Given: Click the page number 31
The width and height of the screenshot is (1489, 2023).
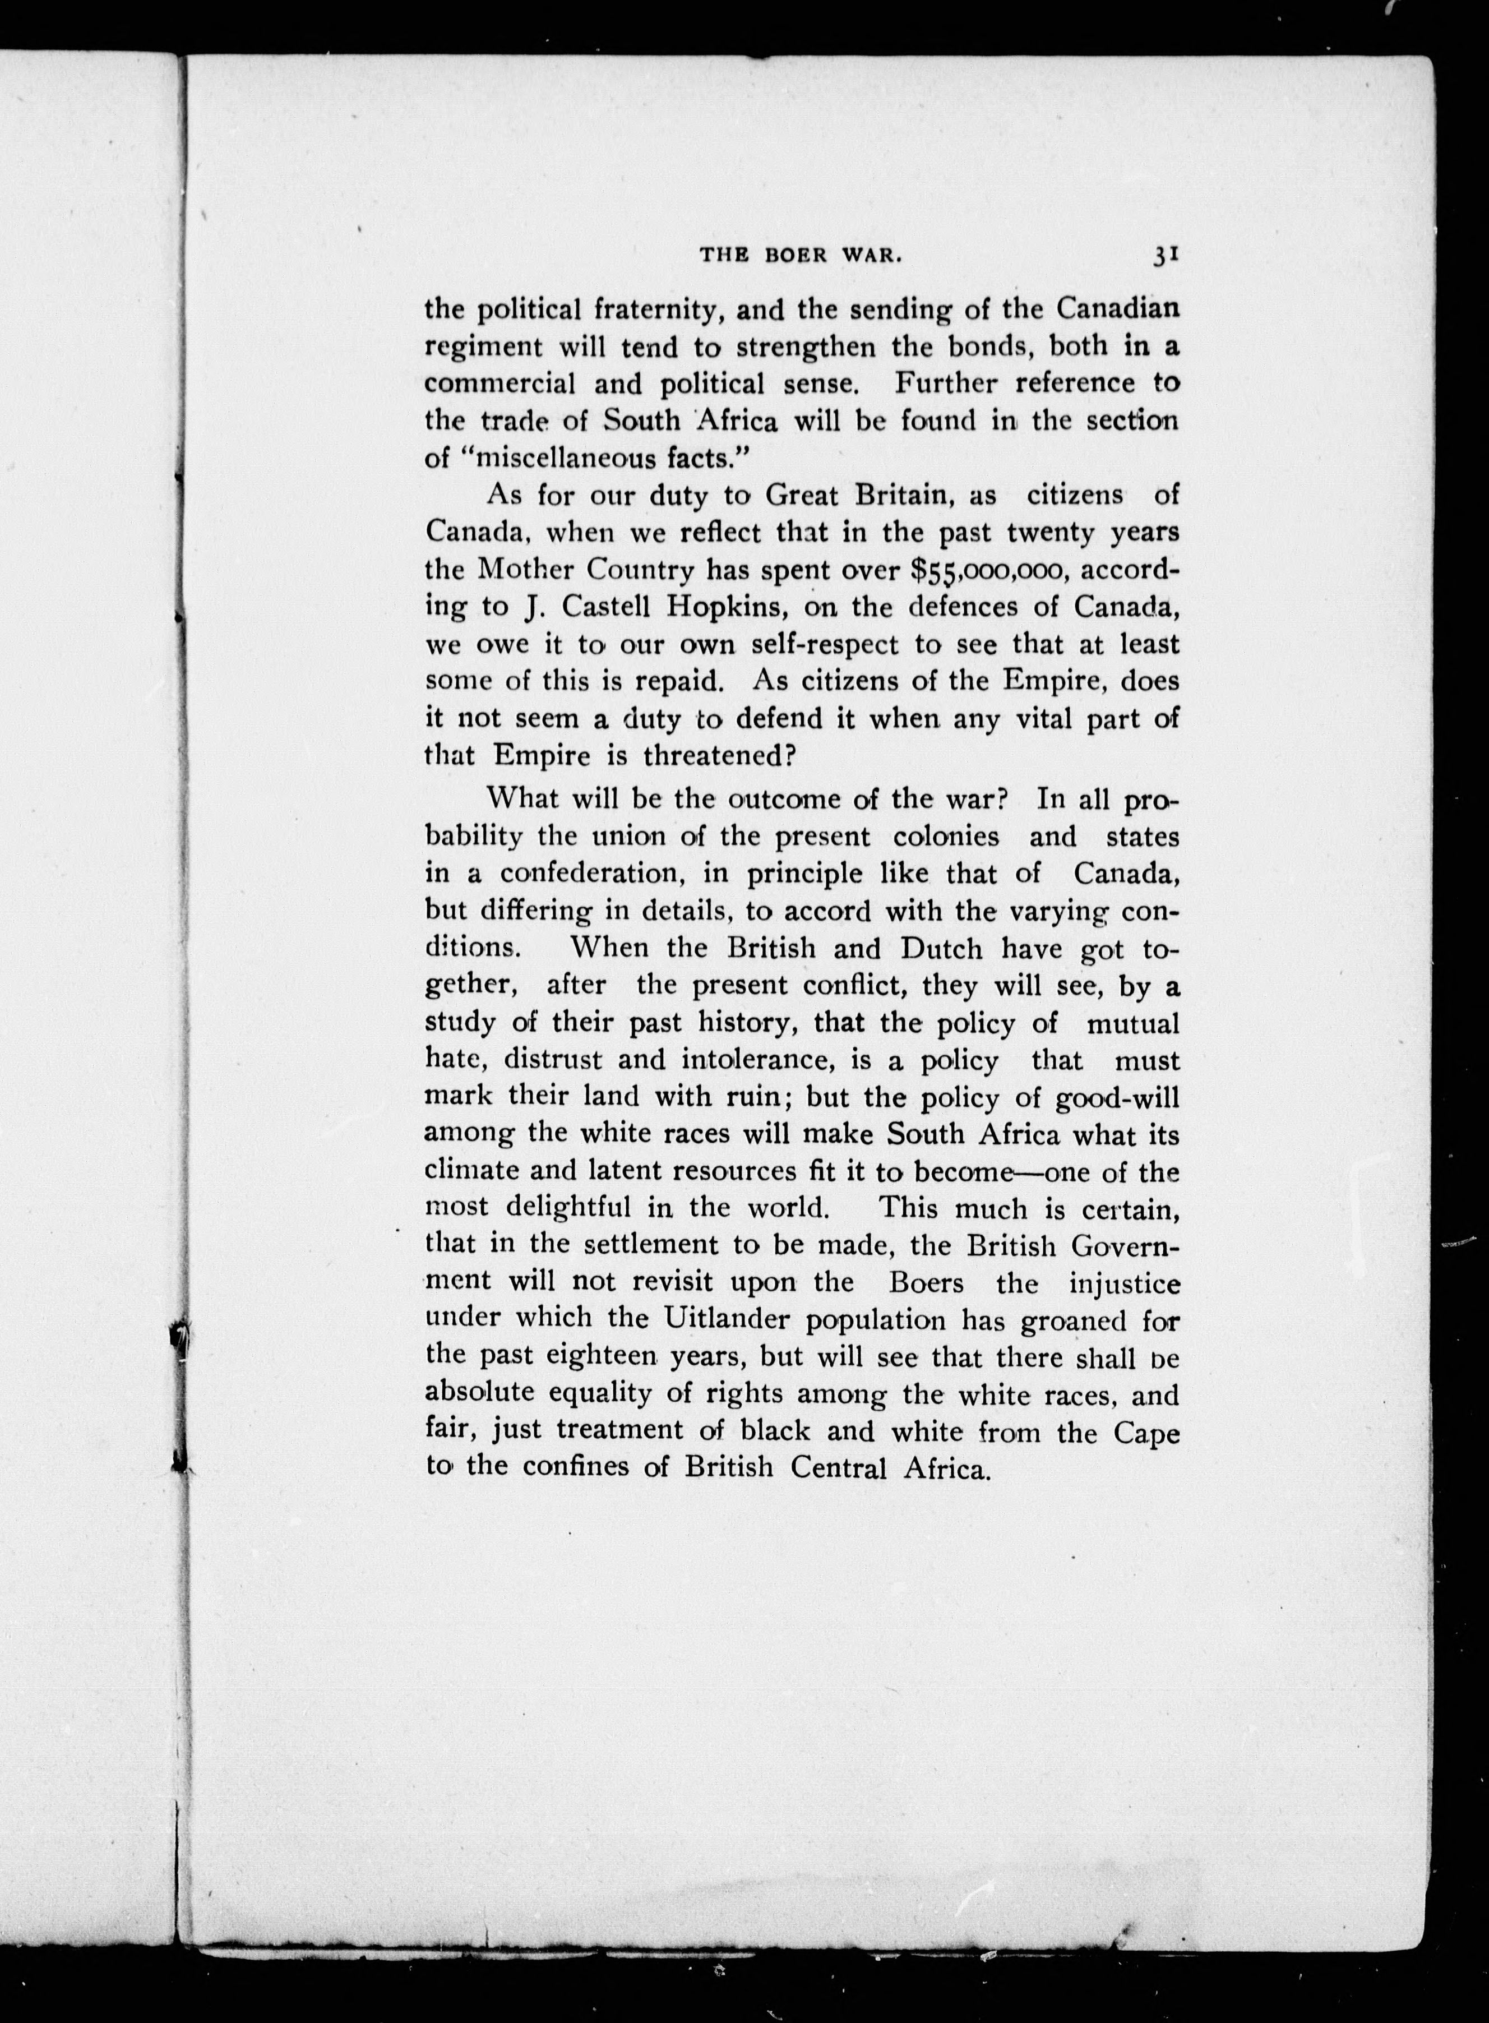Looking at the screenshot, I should point(1166,256).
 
